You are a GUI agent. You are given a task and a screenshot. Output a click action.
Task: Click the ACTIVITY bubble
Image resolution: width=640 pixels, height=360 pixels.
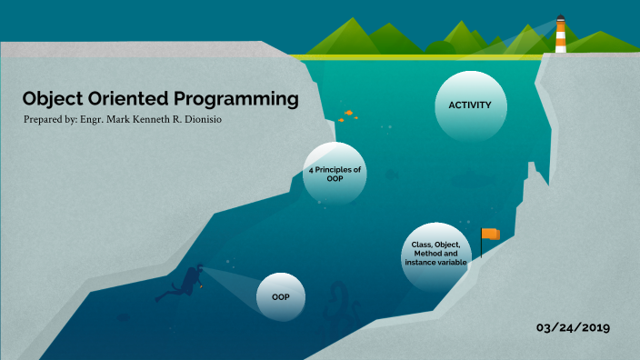pyautogui.click(x=470, y=105)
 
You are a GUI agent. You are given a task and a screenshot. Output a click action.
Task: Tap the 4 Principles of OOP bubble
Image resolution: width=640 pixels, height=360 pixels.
pyautogui.click(x=335, y=174)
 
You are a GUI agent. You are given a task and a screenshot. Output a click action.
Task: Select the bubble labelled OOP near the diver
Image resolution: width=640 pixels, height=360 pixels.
pyautogui.click(x=280, y=296)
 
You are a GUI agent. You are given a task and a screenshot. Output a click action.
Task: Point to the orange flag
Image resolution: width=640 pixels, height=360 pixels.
pyautogui.click(x=490, y=234)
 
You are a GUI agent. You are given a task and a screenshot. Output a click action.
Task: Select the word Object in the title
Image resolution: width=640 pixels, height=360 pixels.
pyautogui.click(x=53, y=98)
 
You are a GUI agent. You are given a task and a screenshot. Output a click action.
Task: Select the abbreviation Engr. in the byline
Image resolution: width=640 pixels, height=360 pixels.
pyautogui.click(x=98, y=121)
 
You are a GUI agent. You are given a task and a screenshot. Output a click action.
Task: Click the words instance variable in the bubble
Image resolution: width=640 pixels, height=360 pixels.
pyautogui.click(x=435, y=263)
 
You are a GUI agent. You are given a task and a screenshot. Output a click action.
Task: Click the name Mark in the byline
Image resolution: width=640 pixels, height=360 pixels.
pyautogui.click(x=129, y=121)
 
